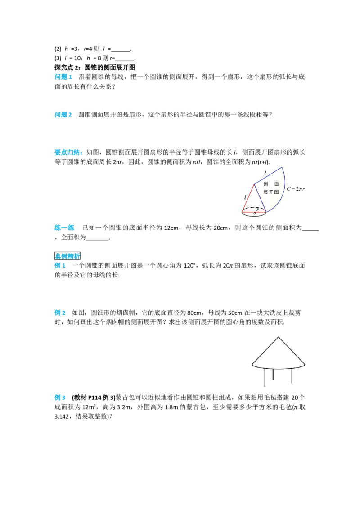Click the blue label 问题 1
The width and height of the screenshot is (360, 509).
(x=63, y=77)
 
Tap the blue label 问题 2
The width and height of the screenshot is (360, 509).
(x=63, y=115)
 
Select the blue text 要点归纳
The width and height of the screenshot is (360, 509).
(x=67, y=152)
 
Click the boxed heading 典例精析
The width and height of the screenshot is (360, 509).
(x=67, y=256)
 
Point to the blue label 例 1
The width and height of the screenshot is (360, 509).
(x=60, y=266)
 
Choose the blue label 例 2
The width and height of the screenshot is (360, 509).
(x=60, y=313)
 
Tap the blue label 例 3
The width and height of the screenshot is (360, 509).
(x=60, y=397)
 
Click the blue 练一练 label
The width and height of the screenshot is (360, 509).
(x=65, y=228)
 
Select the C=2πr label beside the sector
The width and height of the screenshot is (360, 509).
(x=296, y=188)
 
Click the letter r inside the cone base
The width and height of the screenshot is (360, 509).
(x=257, y=210)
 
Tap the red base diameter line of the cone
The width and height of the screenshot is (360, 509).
(x=254, y=212)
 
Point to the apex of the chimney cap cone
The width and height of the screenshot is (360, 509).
(x=279, y=337)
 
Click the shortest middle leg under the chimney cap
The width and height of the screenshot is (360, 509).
(x=273, y=374)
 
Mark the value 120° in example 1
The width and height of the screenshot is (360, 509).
(x=190, y=266)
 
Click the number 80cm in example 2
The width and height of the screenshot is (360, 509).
(x=194, y=313)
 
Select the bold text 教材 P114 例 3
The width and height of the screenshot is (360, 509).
(x=94, y=397)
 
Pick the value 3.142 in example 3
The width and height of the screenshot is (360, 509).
(x=61, y=416)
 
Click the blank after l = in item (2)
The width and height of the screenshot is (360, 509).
(x=121, y=50)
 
